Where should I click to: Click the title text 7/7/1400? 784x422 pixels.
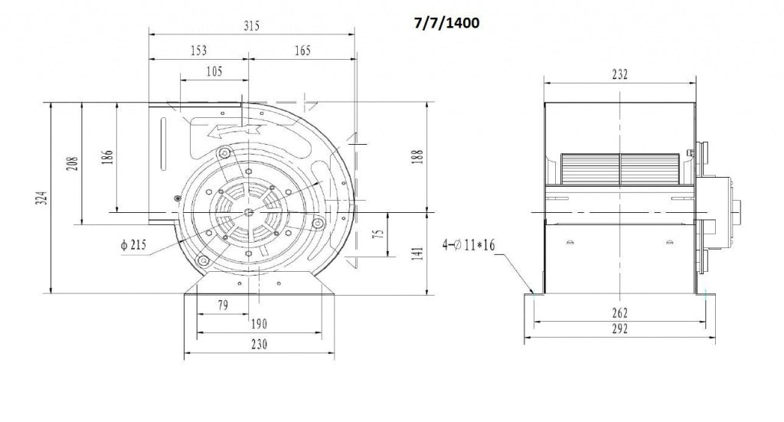click(447, 24)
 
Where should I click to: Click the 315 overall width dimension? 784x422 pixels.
click(252, 25)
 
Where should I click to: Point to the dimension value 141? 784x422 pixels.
click(416, 254)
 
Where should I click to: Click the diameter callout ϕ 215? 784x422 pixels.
click(135, 245)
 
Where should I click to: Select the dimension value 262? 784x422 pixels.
click(619, 312)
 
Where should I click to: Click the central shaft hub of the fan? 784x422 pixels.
click(250, 212)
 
